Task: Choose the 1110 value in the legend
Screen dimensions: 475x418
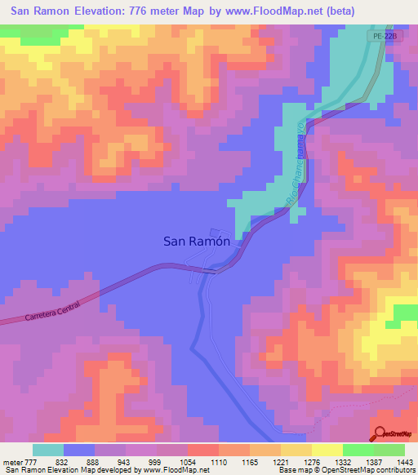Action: click(220, 462)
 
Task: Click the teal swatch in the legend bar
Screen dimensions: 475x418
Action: click(48, 450)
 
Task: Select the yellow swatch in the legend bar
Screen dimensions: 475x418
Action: click(327, 450)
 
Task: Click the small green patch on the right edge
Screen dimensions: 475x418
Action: click(406, 313)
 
